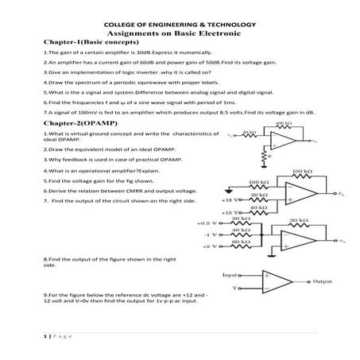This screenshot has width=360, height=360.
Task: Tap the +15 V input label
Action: [231, 213]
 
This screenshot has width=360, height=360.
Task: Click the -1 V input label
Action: [211, 235]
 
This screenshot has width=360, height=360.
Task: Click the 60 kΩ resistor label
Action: [252, 242]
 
